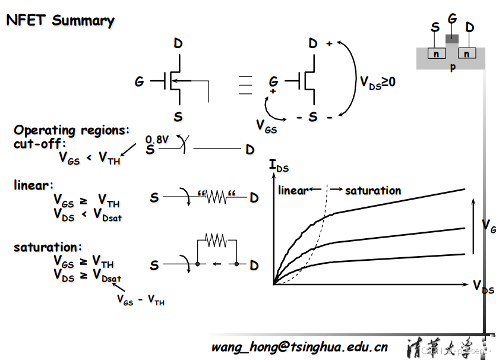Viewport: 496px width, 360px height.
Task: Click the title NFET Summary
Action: (60, 20)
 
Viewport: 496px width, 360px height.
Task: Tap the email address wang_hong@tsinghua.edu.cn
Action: (299, 346)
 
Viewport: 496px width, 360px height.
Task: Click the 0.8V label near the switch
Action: (157, 139)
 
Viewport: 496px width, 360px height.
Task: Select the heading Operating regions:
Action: (72, 130)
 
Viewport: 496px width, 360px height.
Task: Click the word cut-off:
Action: (40, 144)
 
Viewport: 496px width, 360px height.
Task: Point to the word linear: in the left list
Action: (34, 185)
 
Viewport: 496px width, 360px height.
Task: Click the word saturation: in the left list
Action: (48, 247)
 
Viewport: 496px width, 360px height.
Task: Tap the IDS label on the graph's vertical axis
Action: (279, 166)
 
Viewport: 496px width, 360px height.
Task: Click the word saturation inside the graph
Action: (373, 190)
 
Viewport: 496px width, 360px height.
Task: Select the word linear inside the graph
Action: (293, 190)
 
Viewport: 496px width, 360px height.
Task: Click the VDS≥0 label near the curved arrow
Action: (378, 82)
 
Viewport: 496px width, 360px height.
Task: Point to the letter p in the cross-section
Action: (453, 67)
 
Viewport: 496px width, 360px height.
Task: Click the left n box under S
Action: (437, 53)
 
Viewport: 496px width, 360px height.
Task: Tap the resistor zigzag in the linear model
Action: (216, 197)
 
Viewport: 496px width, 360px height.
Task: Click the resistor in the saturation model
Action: (216, 241)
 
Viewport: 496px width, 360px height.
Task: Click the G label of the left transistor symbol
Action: (140, 81)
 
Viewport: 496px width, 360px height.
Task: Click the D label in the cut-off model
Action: (250, 149)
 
